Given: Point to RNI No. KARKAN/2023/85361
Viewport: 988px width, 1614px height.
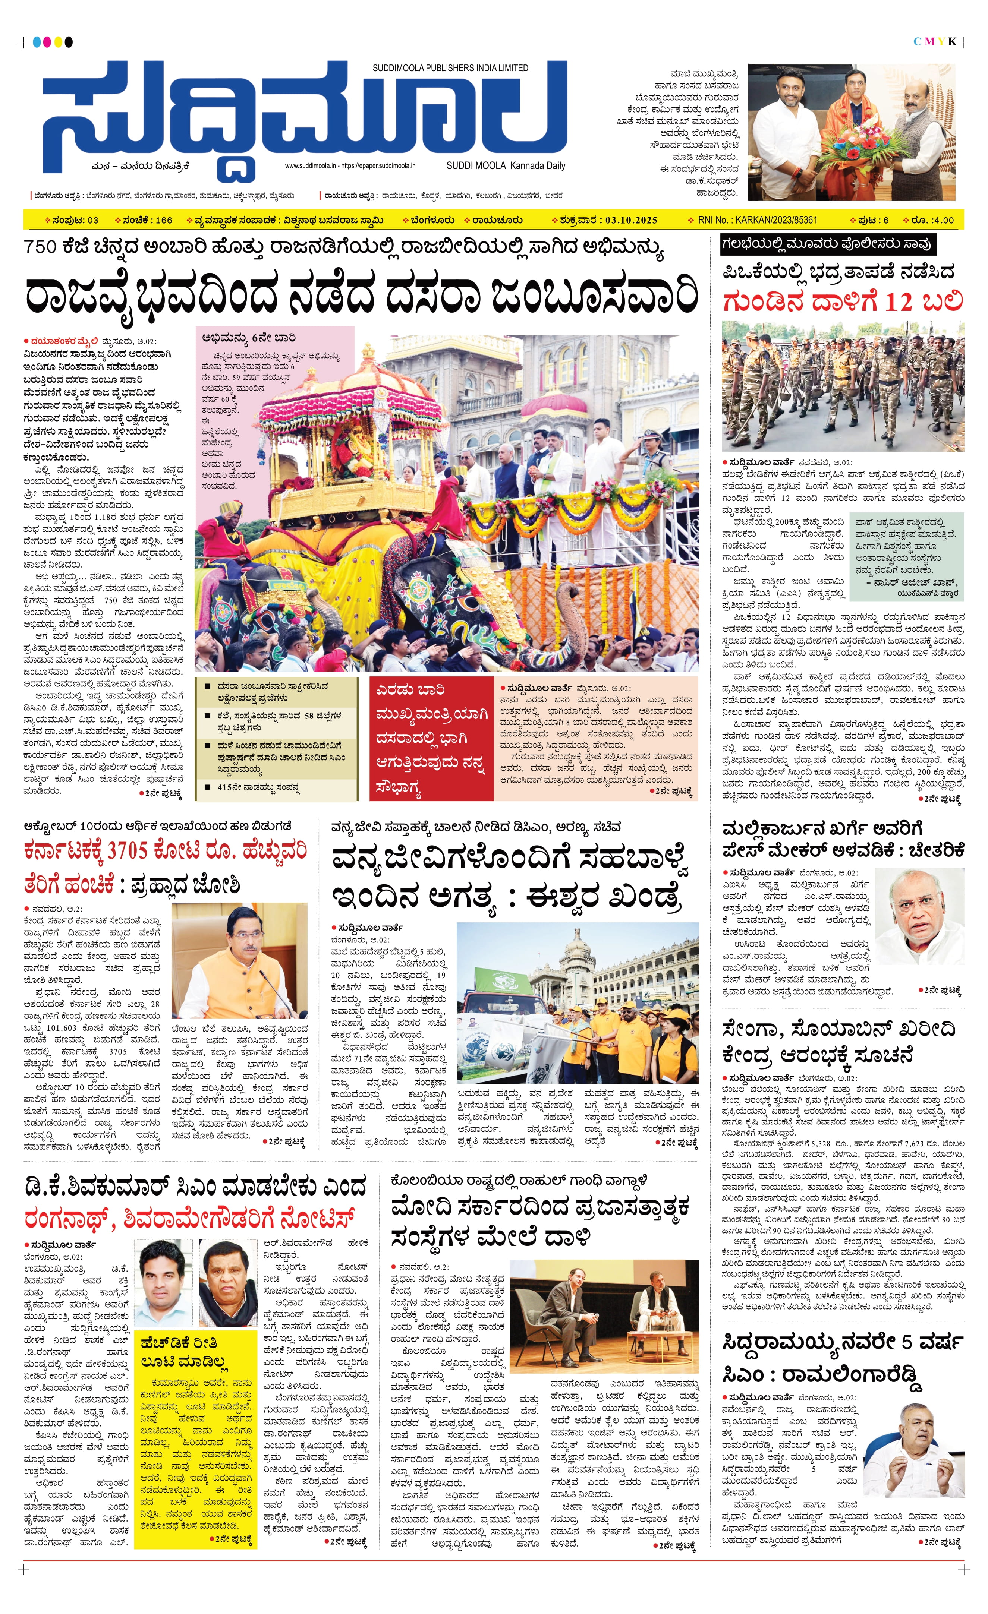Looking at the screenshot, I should tap(757, 220).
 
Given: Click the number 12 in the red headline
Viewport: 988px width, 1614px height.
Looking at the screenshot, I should tap(897, 302).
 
